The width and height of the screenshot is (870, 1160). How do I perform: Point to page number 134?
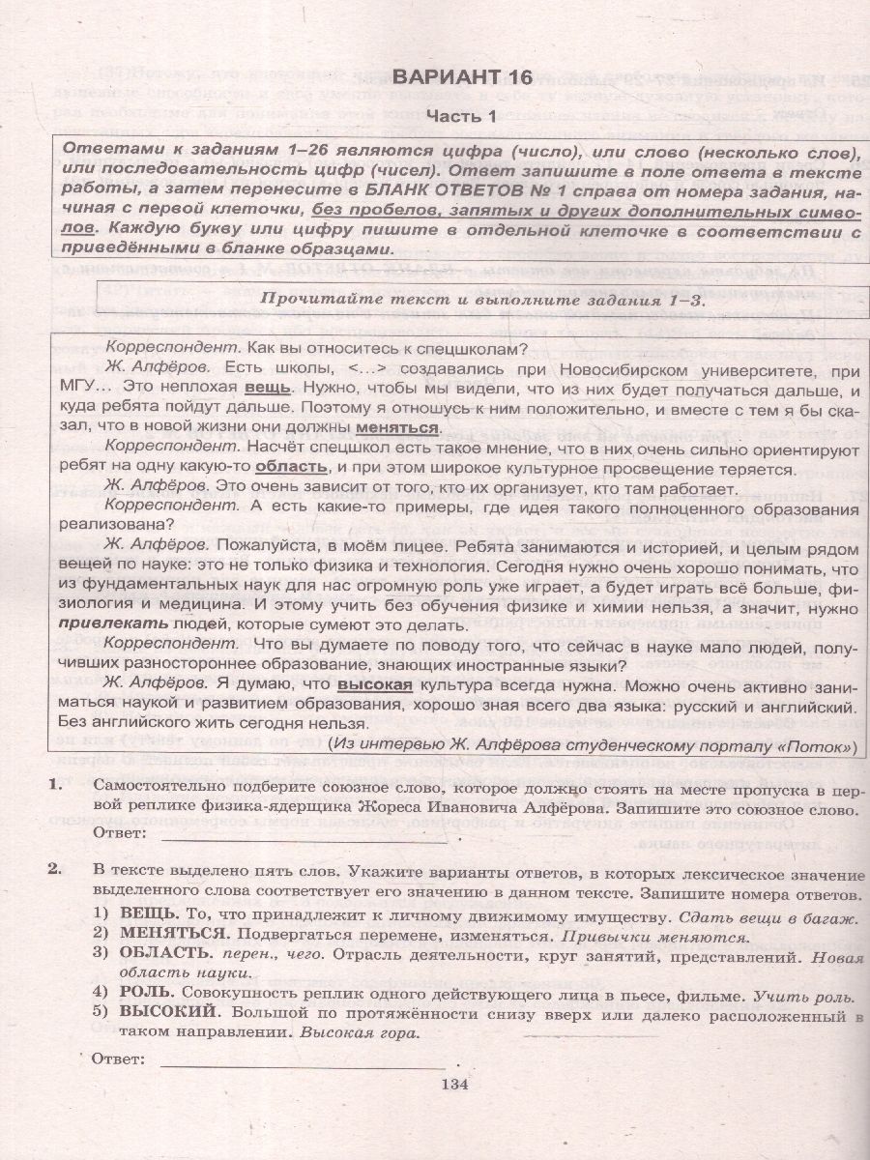click(453, 1084)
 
